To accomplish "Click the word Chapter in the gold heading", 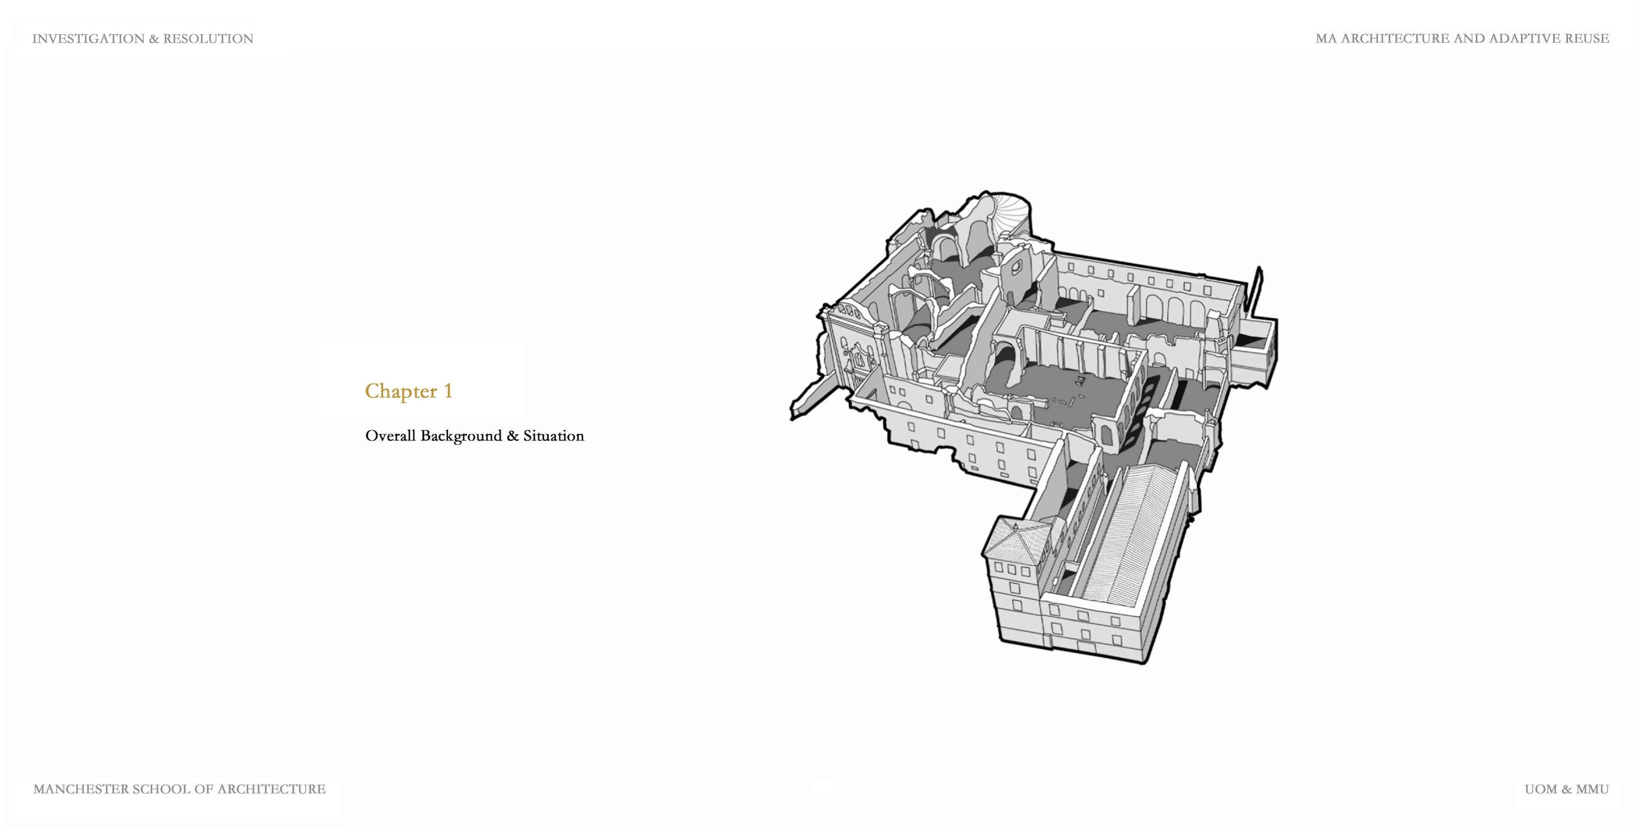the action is pyautogui.click(x=400, y=391).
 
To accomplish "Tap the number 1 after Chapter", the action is pyautogui.click(x=448, y=391).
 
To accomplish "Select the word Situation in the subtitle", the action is pyautogui.click(x=553, y=436).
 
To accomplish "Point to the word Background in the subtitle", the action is pyautogui.click(x=461, y=436).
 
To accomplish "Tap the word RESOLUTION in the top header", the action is pyautogui.click(x=208, y=39).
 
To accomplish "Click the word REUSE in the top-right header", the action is pyautogui.click(x=1587, y=38).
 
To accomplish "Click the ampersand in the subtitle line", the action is pyautogui.click(x=513, y=436).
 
